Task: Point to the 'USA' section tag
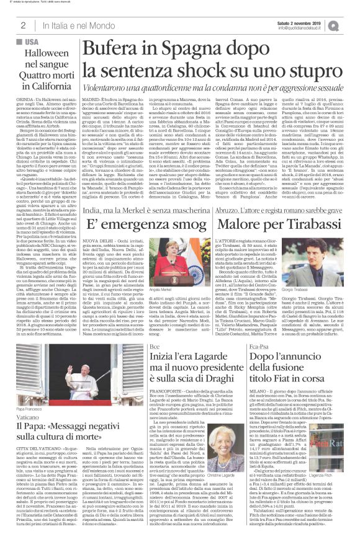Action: point(32,41)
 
